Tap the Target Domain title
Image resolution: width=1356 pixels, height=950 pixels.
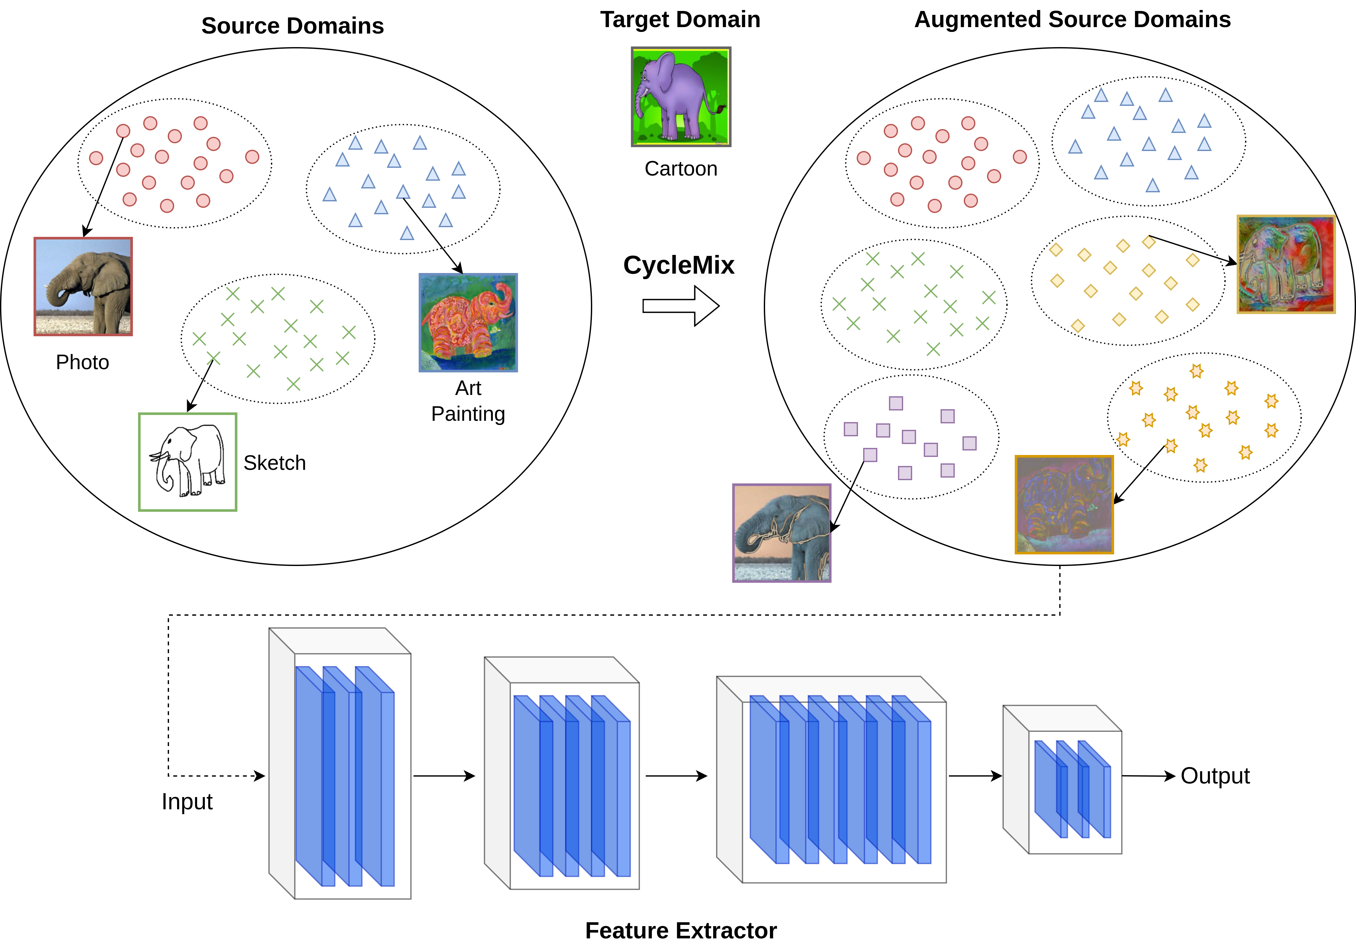tap(680, 19)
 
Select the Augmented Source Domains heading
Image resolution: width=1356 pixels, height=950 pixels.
tap(1072, 19)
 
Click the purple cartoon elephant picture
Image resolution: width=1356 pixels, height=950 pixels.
tap(681, 97)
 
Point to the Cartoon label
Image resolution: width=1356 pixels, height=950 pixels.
tap(681, 169)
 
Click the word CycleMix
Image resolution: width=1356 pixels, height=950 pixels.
tap(679, 265)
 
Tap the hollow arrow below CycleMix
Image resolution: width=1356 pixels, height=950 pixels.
tap(681, 306)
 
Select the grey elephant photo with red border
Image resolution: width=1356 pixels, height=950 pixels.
tap(83, 287)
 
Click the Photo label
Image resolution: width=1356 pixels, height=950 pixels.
tap(83, 362)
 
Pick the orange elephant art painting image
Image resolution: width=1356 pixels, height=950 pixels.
tap(468, 323)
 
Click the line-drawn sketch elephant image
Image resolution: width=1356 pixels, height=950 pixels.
tap(188, 462)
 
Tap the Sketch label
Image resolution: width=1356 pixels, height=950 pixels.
tap(274, 463)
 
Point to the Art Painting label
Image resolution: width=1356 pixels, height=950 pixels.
tap(468, 401)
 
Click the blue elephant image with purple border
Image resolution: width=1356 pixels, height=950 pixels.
tap(782, 533)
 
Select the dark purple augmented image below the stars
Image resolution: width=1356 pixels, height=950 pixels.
tap(1064, 505)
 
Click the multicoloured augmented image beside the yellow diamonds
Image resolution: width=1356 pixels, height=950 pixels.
tap(1286, 264)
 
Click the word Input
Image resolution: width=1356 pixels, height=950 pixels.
tap(187, 802)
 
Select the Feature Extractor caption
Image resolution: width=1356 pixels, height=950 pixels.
tap(681, 931)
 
